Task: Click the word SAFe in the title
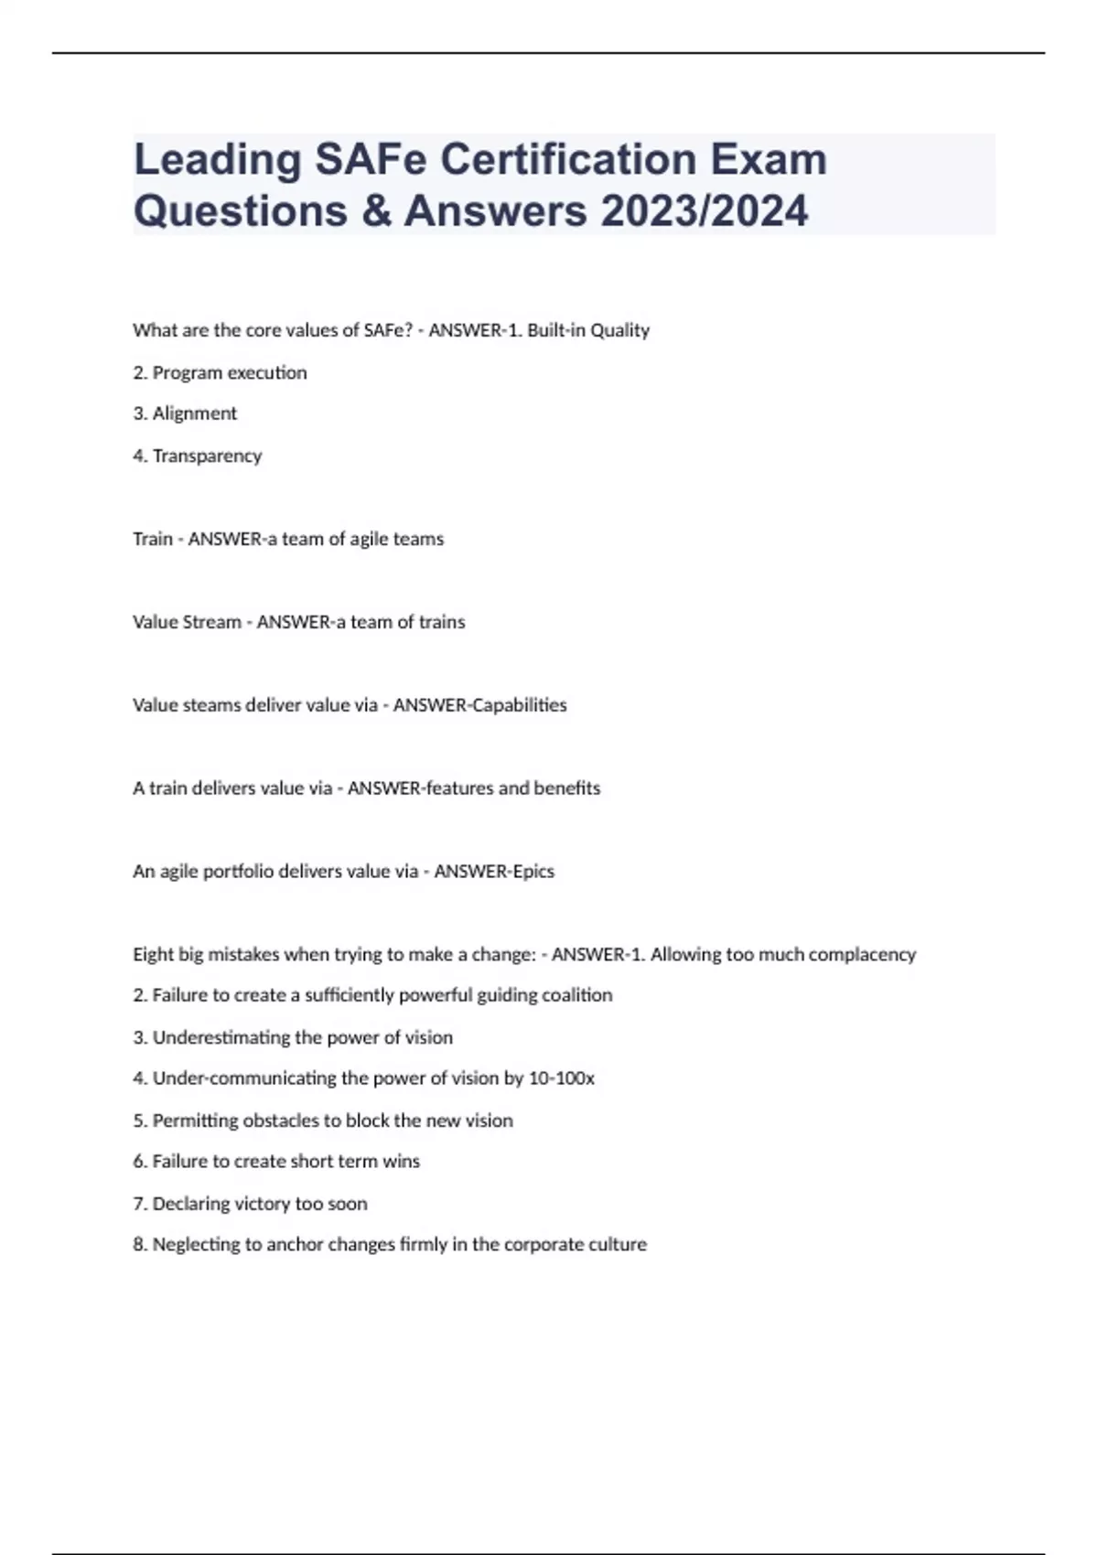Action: (x=371, y=159)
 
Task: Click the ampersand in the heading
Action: (x=376, y=210)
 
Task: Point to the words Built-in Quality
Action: (x=588, y=330)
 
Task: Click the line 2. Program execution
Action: (x=220, y=372)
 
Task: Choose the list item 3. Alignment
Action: (x=185, y=413)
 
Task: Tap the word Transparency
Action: (x=207, y=456)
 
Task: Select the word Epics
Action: (x=533, y=871)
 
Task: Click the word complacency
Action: (x=863, y=954)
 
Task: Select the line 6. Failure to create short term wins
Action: (x=276, y=1162)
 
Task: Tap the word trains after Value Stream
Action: (x=442, y=622)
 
